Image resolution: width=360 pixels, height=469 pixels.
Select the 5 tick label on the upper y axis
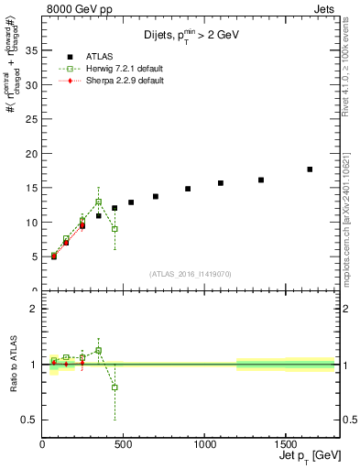[x=33, y=256]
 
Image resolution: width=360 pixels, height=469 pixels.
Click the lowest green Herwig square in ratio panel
[x=115, y=387]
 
